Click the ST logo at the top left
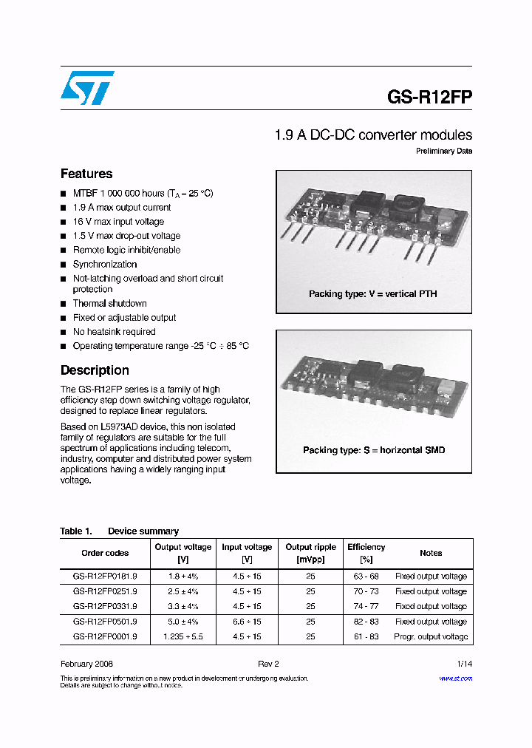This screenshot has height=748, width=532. [87, 88]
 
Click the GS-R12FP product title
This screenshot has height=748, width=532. [429, 97]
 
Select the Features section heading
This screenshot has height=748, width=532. [86, 174]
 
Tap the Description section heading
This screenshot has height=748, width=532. [95, 370]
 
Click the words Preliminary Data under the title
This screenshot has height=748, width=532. [443, 152]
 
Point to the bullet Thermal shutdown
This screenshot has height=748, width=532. [109, 304]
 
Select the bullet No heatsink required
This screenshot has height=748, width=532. [114, 332]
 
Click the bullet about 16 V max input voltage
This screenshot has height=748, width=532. [118, 222]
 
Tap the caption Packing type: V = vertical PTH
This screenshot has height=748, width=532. [372, 294]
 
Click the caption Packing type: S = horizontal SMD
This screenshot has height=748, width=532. [374, 450]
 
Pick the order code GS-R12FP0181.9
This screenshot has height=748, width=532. [105, 577]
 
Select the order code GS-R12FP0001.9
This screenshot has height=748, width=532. [105, 636]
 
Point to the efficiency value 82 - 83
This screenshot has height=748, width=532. [366, 622]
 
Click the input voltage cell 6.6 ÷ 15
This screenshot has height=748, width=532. [247, 622]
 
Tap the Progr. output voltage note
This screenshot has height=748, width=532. [431, 636]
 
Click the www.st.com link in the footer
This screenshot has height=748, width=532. [455, 679]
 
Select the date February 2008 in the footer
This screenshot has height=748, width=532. [86, 664]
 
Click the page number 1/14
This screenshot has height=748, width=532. [464, 664]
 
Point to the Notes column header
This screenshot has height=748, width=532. [431, 553]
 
